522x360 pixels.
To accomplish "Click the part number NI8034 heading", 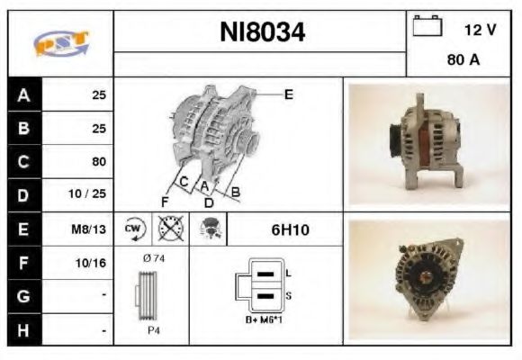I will tap(262, 33).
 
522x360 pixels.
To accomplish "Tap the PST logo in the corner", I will tap(60, 43).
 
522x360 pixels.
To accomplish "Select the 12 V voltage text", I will tap(480, 30).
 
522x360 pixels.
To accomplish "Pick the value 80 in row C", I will tap(99, 162).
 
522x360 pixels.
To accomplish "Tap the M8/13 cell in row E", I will tap(90, 229).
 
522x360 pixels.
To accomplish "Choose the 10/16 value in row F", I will tap(93, 263).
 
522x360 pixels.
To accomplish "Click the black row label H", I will tap(24, 330).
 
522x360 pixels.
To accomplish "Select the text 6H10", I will tap(290, 229).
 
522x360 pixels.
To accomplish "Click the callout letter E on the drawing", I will tap(288, 94).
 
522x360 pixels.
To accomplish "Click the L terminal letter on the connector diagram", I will tap(288, 272).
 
